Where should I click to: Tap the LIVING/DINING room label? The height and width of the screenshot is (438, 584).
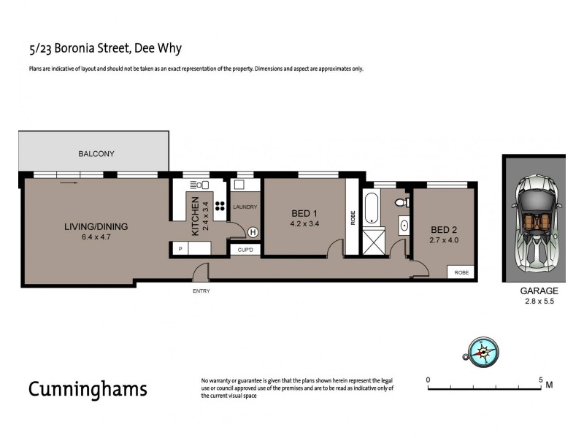[x=96, y=227]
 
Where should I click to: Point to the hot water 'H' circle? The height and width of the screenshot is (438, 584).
[x=253, y=233]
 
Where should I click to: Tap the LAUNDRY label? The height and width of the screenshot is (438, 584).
[x=245, y=207]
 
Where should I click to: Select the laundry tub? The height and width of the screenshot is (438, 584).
[x=239, y=185]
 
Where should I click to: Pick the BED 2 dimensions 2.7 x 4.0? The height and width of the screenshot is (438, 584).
[x=445, y=239]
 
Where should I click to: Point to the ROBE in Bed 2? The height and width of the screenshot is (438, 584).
[x=461, y=272]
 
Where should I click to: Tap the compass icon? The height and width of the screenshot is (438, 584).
[x=482, y=351]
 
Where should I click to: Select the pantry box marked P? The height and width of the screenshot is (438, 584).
[x=180, y=249]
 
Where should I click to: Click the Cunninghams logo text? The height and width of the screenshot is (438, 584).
[x=88, y=388]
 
